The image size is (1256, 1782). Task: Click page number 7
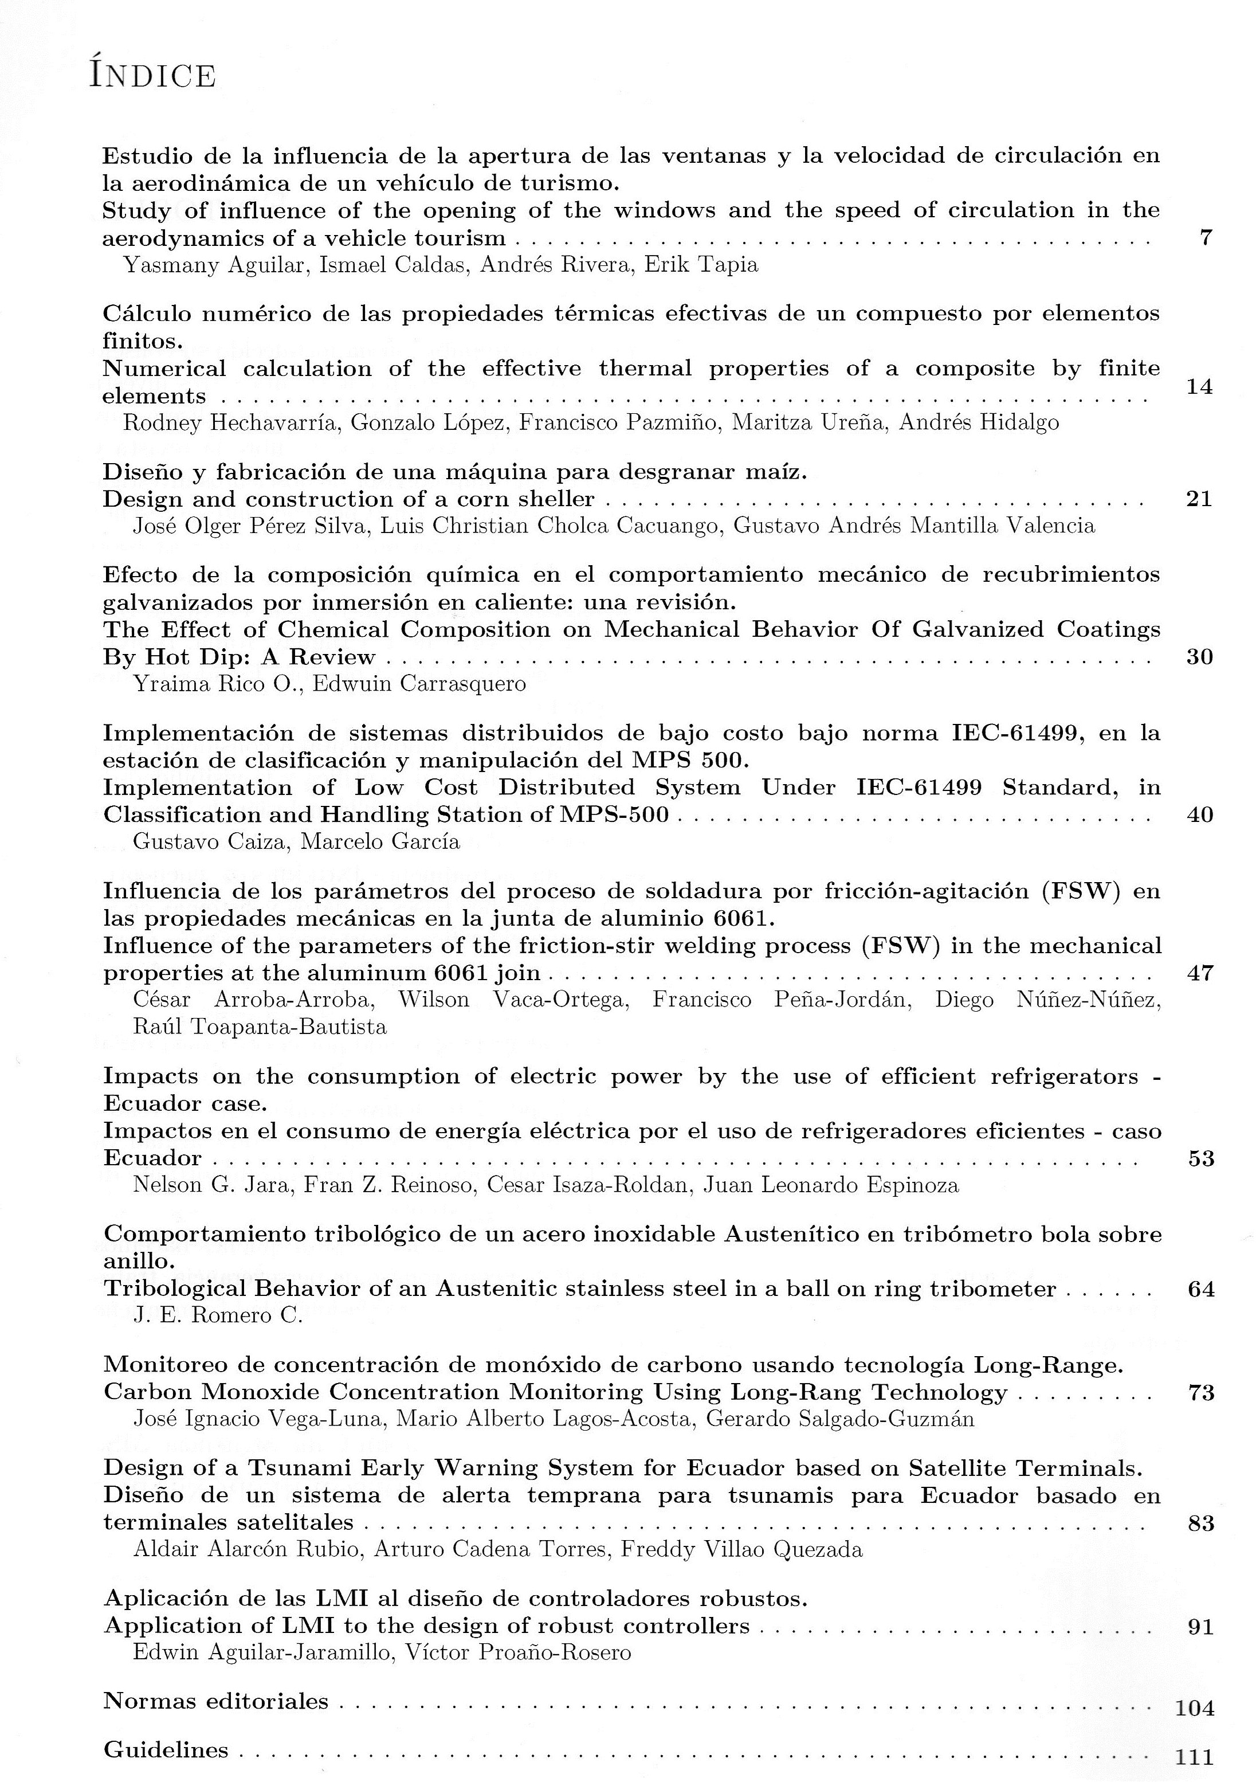[x=1205, y=238]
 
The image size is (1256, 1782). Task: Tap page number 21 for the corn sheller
[x=1199, y=499]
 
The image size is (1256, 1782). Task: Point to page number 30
[x=1199, y=657]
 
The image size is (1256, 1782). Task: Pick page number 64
[x=1201, y=1289]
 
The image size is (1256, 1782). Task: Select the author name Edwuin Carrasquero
[x=419, y=684]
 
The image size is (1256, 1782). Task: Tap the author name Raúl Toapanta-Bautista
[x=260, y=1027]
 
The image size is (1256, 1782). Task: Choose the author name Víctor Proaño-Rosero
[x=515, y=1652]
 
